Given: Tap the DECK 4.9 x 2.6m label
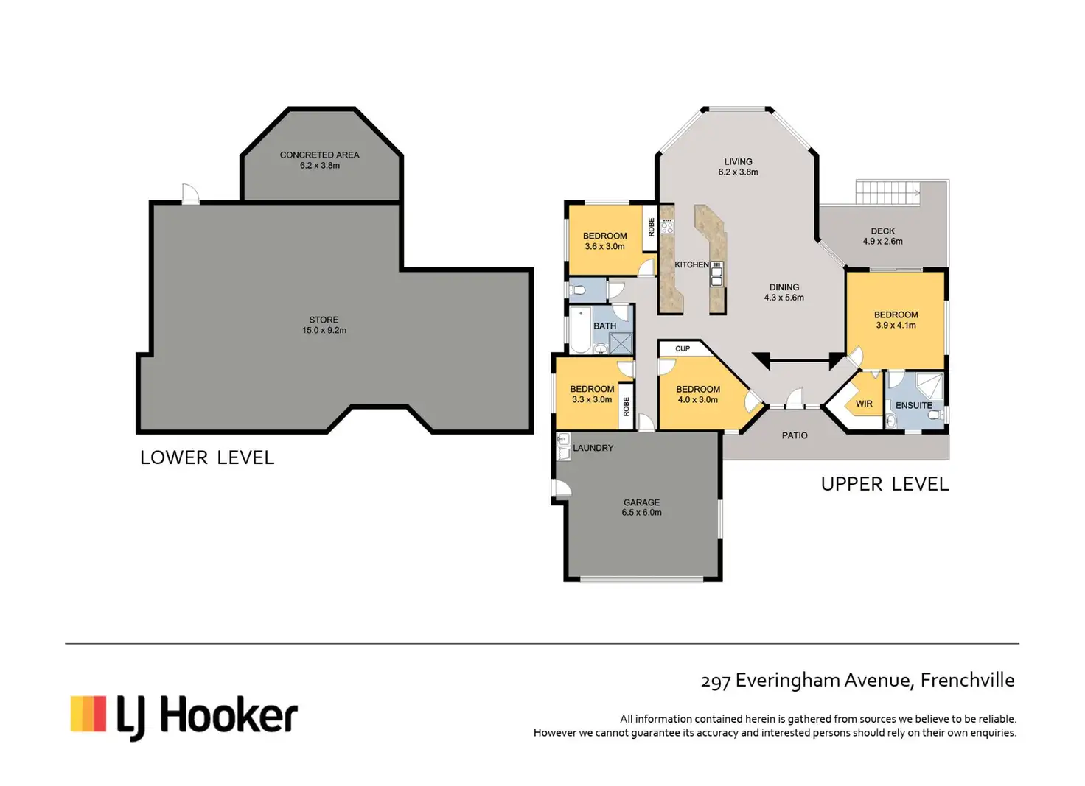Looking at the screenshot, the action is (x=882, y=236).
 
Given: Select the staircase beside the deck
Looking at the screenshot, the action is (x=887, y=192).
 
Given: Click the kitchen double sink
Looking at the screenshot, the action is (x=716, y=274).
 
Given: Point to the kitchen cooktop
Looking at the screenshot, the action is (x=667, y=226).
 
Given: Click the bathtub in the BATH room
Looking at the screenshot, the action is (x=580, y=329).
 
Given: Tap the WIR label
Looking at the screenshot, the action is (x=864, y=404).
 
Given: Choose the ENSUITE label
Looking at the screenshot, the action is (x=913, y=406).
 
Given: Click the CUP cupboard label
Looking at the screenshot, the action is (x=683, y=348).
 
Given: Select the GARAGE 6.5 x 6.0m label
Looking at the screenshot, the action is (x=642, y=508).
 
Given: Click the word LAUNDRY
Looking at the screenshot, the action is (x=593, y=448).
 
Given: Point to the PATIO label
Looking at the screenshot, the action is (x=795, y=435).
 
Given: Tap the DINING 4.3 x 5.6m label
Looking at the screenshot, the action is (x=784, y=292).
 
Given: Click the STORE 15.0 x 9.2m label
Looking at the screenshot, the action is (x=324, y=326).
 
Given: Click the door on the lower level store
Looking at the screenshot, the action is (x=190, y=194).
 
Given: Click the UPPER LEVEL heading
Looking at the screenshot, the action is (x=885, y=485).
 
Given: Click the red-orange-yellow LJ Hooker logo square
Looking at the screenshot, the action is (x=88, y=713).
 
